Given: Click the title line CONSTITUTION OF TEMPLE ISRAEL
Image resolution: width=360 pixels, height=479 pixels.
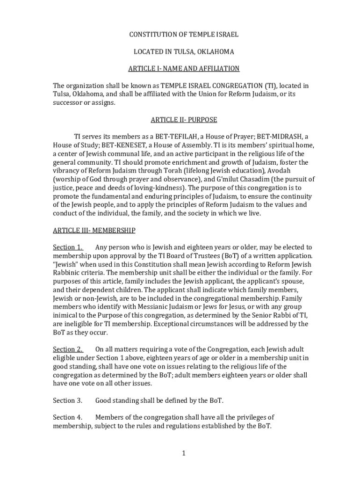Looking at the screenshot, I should pos(184,35).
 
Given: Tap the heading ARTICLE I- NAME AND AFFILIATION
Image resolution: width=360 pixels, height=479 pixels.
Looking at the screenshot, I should pos(184,69).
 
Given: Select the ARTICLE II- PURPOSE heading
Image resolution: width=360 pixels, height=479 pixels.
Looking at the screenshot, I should pos(184,120).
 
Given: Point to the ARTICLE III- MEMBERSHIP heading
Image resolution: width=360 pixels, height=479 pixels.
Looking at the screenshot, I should pos(94,230).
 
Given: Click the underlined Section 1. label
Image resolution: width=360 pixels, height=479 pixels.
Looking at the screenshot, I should pos(68,247).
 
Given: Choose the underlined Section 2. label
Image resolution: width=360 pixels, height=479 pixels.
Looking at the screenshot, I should pos(68,349).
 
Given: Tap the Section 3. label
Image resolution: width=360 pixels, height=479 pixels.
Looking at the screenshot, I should pos(67,400).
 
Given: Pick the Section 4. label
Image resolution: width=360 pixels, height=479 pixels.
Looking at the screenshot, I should pos(67,417).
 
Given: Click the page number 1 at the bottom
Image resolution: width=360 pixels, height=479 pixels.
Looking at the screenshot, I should pos(184,453).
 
